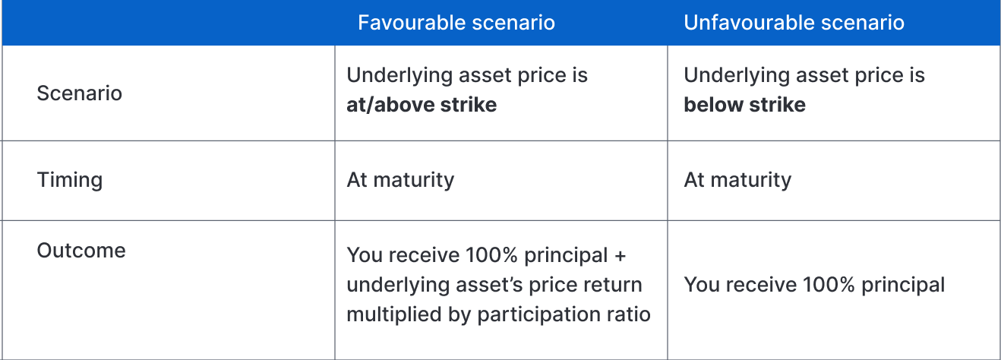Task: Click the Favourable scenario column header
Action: [x=456, y=22]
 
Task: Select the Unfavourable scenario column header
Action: [x=794, y=22]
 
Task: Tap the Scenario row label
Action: [x=80, y=93]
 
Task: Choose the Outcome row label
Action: [x=81, y=251]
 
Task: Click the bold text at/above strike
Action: [x=422, y=105]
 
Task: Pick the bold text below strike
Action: [x=744, y=105]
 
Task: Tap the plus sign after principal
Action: [x=620, y=256]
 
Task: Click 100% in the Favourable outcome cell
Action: [x=491, y=255]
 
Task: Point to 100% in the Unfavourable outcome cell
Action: [x=829, y=285]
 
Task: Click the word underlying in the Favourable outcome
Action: [x=397, y=286]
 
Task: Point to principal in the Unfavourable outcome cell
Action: [x=903, y=286]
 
